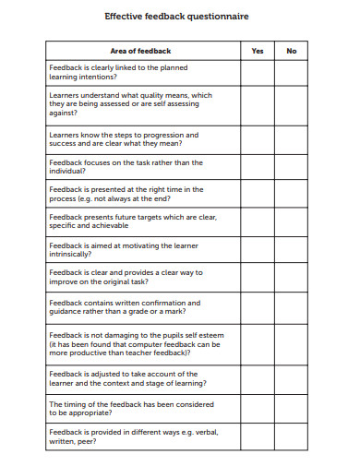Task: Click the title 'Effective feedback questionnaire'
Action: pyautogui.click(x=176, y=17)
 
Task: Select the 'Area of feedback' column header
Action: pyautogui.click(x=140, y=51)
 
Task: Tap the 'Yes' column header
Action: pyautogui.click(x=258, y=51)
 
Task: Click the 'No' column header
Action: pyautogui.click(x=292, y=51)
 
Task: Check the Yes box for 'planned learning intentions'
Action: pyautogui.click(x=258, y=73)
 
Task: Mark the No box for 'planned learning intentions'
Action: pyautogui.click(x=292, y=73)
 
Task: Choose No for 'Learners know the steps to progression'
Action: pyautogui.click(x=292, y=139)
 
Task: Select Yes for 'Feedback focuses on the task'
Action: pyautogui.click(x=258, y=167)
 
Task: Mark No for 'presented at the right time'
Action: pyautogui.click(x=292, y=194)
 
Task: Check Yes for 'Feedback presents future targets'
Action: pyautogui.click(x=258, y=221)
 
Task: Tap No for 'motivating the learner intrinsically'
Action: pyautogui.click(x=292, y=250)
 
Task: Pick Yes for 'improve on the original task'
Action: pyautogui.click(x=258, y=278)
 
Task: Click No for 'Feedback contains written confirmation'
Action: pyautogui.click(x=292, y=307)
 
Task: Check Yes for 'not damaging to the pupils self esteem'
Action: pyautogui.click(x=258, y=342)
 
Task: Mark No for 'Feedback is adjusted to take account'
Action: pyautogui.click(x=292, y=378)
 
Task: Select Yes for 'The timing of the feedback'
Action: pyautogui.click(x=258, y=408)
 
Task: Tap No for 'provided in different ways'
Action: pyautogui.click(x=292, y=436)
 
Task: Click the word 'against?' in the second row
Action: pyautogui.click(x=64, y=115)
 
